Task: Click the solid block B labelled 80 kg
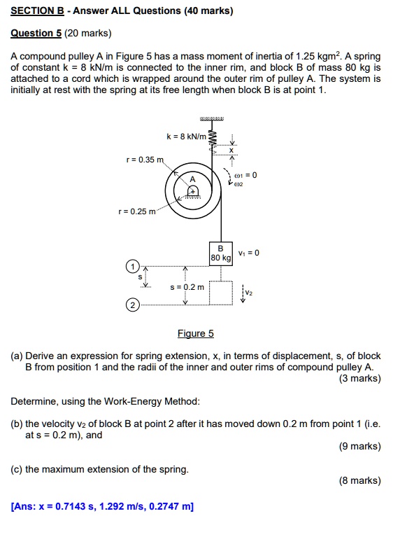pyautogui.click(x=220, y=253)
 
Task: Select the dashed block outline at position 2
pyautogui.click(x=220, y=294)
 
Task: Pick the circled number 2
pyautogui.click(x=131, y=305)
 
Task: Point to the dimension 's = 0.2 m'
pyautogui.click(x=188, y=287)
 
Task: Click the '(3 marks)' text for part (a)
pyautogui.click(x=359, y=379)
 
